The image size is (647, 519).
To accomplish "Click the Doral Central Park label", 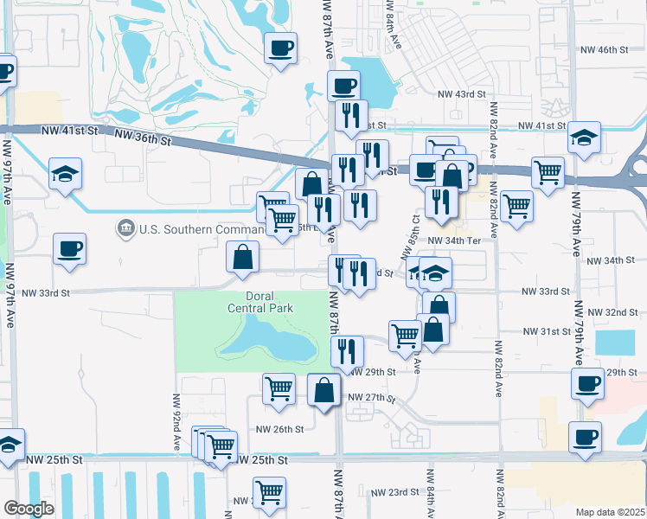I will point(260,302).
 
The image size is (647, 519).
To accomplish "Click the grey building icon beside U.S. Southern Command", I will point(126,228).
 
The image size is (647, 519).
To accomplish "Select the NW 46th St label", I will point(604,50).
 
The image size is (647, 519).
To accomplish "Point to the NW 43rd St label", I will point(462,93).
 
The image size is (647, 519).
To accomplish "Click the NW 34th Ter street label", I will point(453,240).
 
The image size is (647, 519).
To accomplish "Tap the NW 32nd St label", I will point(610,311).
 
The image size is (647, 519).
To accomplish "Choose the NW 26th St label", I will point(279,428).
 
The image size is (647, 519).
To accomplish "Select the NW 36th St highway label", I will point(143,136).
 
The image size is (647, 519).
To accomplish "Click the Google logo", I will point(29,508).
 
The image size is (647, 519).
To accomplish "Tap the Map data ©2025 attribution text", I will point(610,512).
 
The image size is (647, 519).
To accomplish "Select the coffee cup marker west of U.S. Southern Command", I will point(69,248).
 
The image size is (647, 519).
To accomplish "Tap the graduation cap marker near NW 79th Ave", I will point(584,138).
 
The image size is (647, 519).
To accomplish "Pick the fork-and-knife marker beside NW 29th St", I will point(347,350).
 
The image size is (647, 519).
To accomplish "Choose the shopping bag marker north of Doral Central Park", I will point(244,255).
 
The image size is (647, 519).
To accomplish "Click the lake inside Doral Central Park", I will point(269,338).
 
